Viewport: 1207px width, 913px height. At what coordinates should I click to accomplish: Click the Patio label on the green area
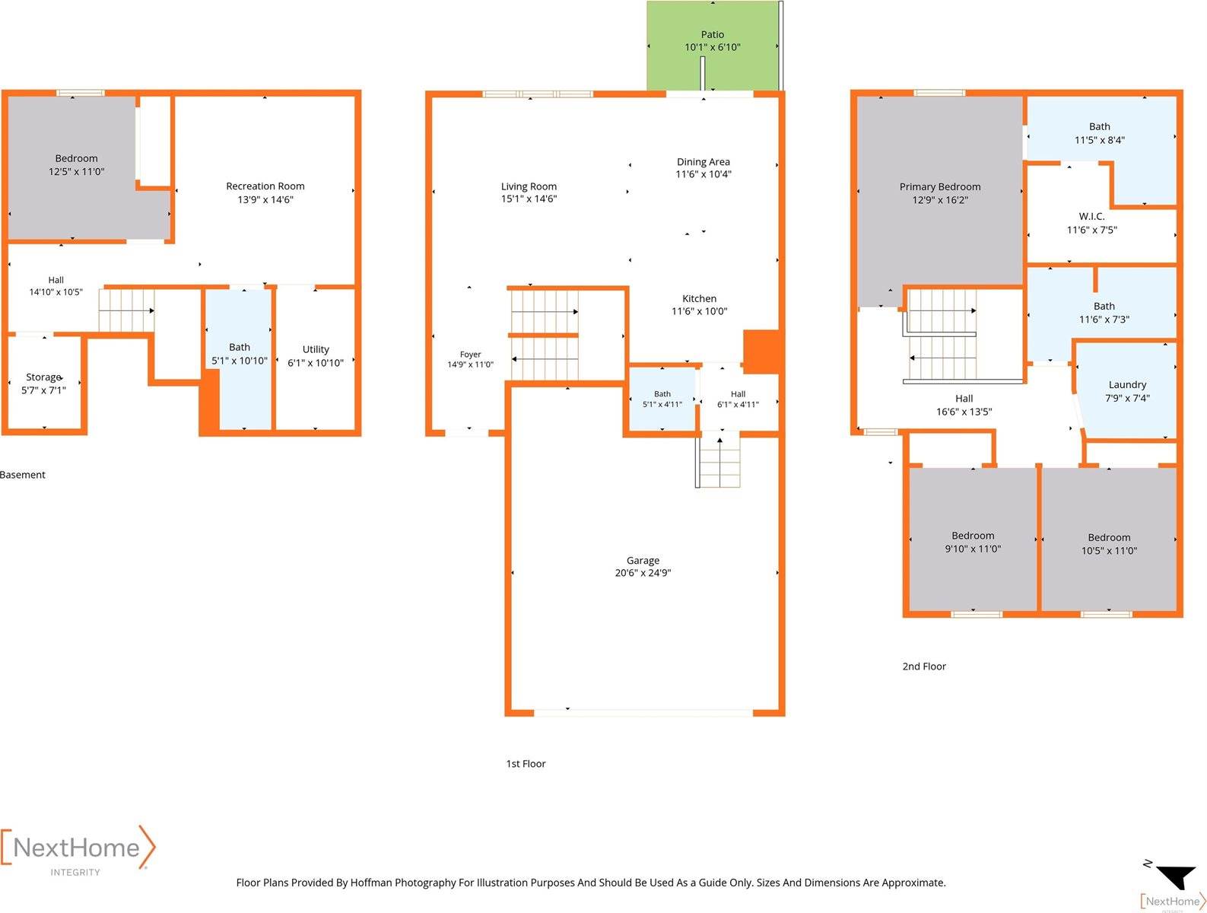pos(712,35)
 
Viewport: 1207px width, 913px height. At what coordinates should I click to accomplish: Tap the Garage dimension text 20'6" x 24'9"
pos(643,573)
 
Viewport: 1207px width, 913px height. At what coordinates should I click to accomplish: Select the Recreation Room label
pos(265,186)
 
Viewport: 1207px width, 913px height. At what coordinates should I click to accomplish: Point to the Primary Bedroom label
pos(940,187)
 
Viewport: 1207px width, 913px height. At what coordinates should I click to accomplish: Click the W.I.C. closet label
pos(1091,216)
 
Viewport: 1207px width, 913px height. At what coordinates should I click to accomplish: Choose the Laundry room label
pos(1127,385)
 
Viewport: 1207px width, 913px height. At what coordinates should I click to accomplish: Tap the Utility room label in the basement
pos(316,349)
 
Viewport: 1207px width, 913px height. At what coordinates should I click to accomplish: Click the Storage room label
pos(44,377)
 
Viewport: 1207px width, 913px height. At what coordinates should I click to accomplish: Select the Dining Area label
pos(704,162)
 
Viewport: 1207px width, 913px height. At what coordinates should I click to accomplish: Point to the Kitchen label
pos(699,299)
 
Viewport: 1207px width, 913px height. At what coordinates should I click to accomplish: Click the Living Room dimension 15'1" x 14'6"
pos(529,199)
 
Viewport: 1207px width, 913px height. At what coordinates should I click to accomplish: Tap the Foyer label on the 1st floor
pos(470,355)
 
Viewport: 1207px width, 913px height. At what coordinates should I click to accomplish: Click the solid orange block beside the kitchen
pos(761,352)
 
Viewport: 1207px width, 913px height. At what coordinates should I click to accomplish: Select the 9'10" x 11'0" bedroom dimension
pos(973,549)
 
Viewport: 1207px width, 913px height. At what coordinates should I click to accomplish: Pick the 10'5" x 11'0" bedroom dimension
pos(1109,551)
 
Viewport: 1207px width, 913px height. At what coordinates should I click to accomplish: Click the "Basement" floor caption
pos(23,475)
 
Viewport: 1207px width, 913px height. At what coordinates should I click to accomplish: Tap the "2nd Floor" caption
pos(924,666)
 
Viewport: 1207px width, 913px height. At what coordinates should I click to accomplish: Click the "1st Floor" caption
pos(526,763)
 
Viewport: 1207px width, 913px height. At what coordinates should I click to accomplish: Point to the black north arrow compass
pos(1177,876)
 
